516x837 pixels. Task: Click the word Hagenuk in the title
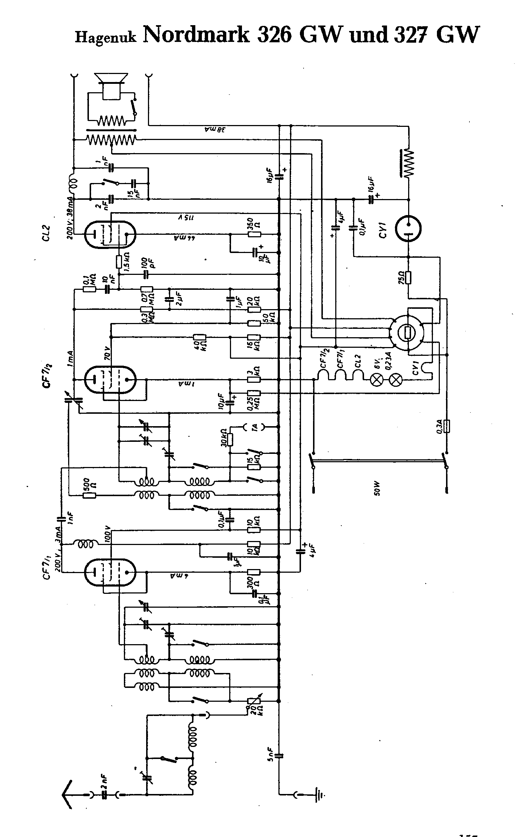point(106,37)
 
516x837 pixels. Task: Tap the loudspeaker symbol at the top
point(111,86)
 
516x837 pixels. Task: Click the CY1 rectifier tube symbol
point(408,229)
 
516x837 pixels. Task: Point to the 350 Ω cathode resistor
point(254,234)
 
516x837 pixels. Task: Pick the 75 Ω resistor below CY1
point(408,278)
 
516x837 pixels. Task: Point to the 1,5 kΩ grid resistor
point(119,261)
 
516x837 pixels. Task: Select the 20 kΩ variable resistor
point(254,701)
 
